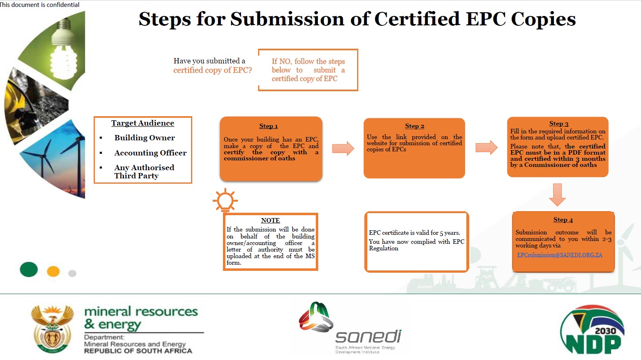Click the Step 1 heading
(268, 126)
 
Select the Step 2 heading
(414, 126)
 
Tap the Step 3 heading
(558, 124)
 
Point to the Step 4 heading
(563, 220)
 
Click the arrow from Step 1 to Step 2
(343, 148)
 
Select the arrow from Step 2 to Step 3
(486, 147)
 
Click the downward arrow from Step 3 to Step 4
(557, 194)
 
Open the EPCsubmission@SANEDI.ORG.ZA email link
(559, 255)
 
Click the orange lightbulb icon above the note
(225, 200)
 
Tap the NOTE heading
(270, 220)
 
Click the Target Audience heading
(142, 123)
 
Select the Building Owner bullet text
(144, 138)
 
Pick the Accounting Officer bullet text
(150, 153)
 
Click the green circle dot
(29, 270)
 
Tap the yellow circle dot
(53, 271)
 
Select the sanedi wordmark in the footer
(368, 337)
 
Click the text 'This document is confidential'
(40, 4)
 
